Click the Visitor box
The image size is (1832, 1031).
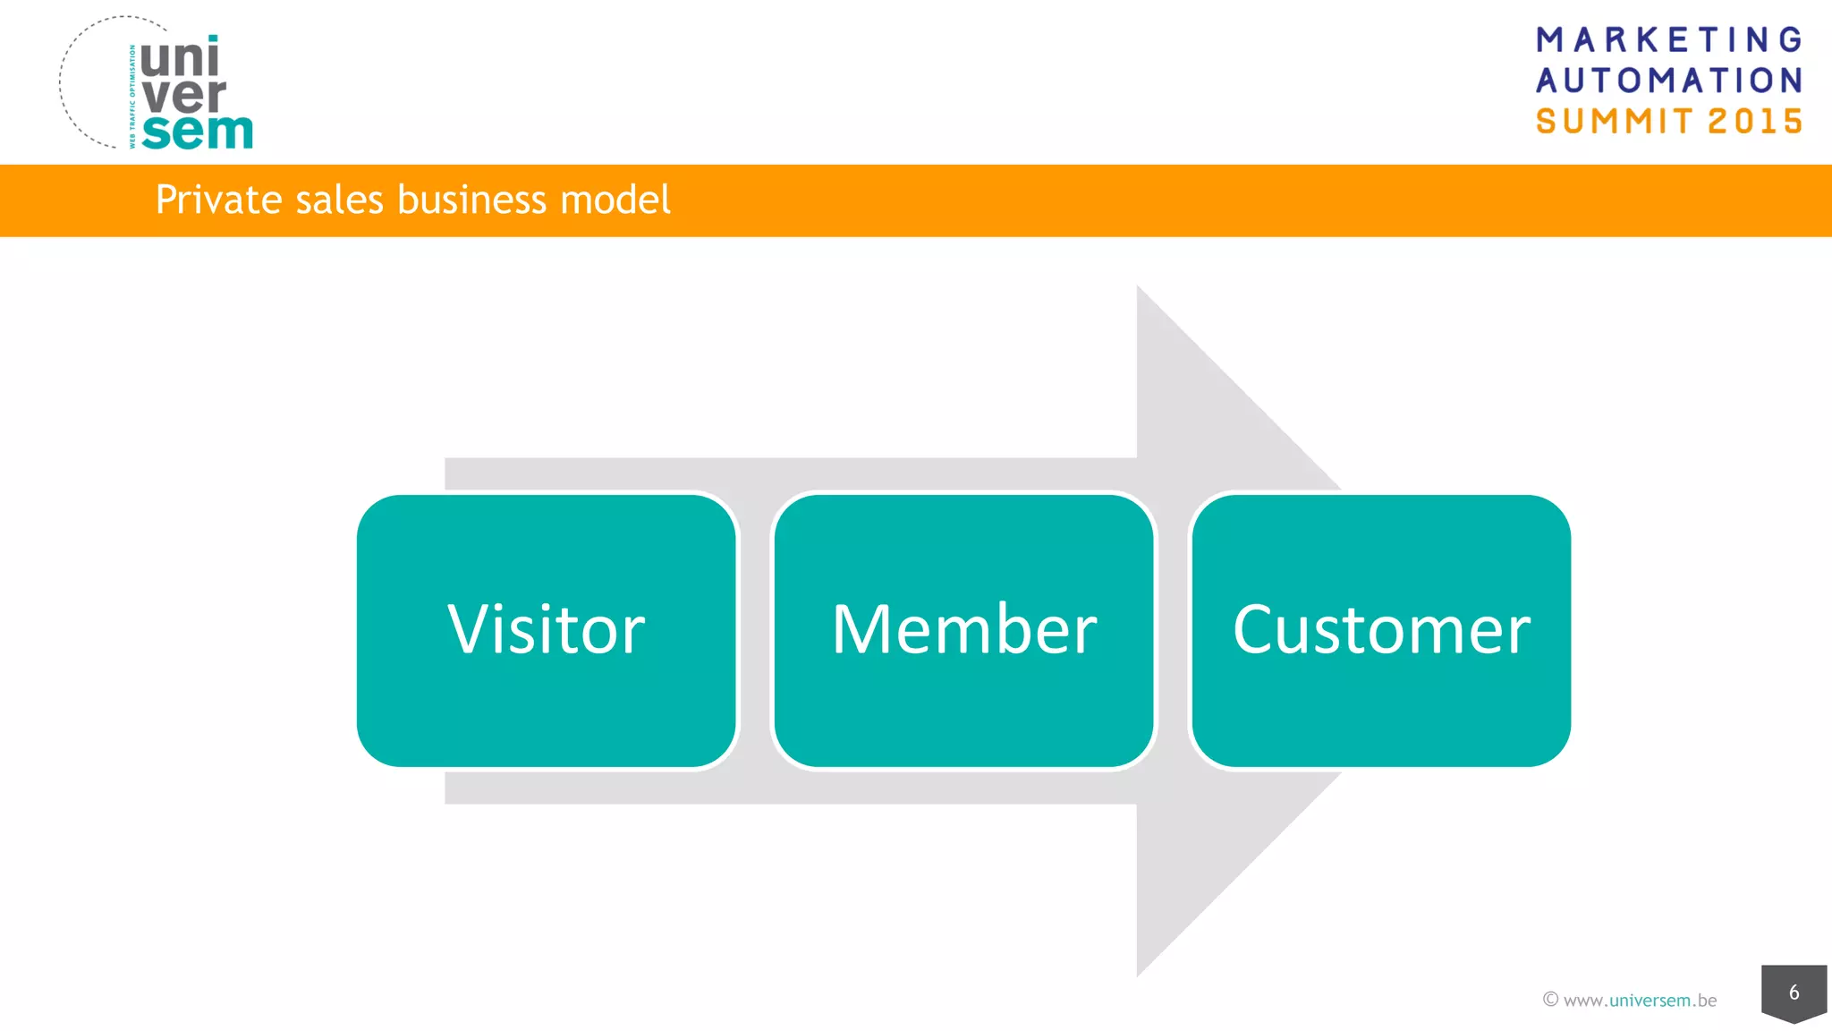[546, 630]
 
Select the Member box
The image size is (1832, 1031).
[963, 630]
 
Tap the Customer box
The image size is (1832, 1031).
[1380, 630]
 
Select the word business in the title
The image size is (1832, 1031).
[471, 200]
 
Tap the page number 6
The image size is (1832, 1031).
[1794, 992]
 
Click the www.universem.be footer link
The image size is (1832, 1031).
[1640, 1001]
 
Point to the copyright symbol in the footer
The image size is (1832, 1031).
[1550, 1000]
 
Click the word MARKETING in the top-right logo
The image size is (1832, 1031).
[1669, 40]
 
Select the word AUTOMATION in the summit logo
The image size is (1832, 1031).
[1669, 81]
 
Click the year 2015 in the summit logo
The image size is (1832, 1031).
[1755, 122]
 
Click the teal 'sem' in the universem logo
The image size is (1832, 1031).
[197, 132]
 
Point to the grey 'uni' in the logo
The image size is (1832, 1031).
[179, 59]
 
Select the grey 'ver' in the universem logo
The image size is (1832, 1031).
[183, 96]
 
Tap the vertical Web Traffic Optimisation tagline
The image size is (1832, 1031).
[132, 97]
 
